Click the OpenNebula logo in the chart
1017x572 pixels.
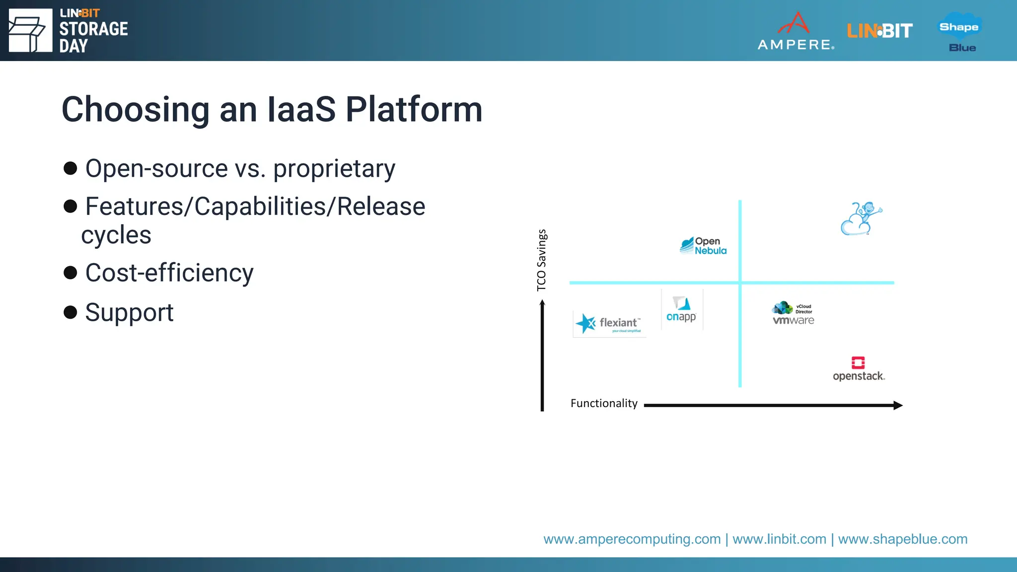pyautogui.click(x=703, y=246)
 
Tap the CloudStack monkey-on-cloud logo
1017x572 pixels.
pyautogui.click(x=861, y=219)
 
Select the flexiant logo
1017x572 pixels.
pyautogui.click(x=609, y=324)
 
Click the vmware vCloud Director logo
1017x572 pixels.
pyautogui.click(x=793, y=313)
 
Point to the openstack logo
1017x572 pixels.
pyautogui.click(x=859, y=369)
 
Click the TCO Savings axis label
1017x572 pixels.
pyautogui.click(x=541, y=260)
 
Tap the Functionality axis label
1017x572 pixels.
pyautogui.click(x=604, y=403)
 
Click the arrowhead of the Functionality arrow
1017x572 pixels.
pyautogui.click(x=898, y=405)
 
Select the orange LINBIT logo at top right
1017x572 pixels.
pyautogui.click(x=879, y=31)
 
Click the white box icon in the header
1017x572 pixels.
pyautogui.click(x=30, y=31)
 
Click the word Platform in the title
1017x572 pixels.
pyautogui.click(x=414, y=110)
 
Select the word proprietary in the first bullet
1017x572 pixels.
pyautogui.click(x=334, y=169)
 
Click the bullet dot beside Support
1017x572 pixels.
pyautogui.click(x=71, y=312)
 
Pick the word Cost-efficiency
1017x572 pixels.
pyautogui.click(x=169, y=273)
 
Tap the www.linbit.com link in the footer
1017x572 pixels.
pyautogui.click(x=779, y=539)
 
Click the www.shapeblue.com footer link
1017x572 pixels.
pyautogui.click(x=902, y=539)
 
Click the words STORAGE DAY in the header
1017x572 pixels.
pyautogui.click(x=93, y=37)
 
